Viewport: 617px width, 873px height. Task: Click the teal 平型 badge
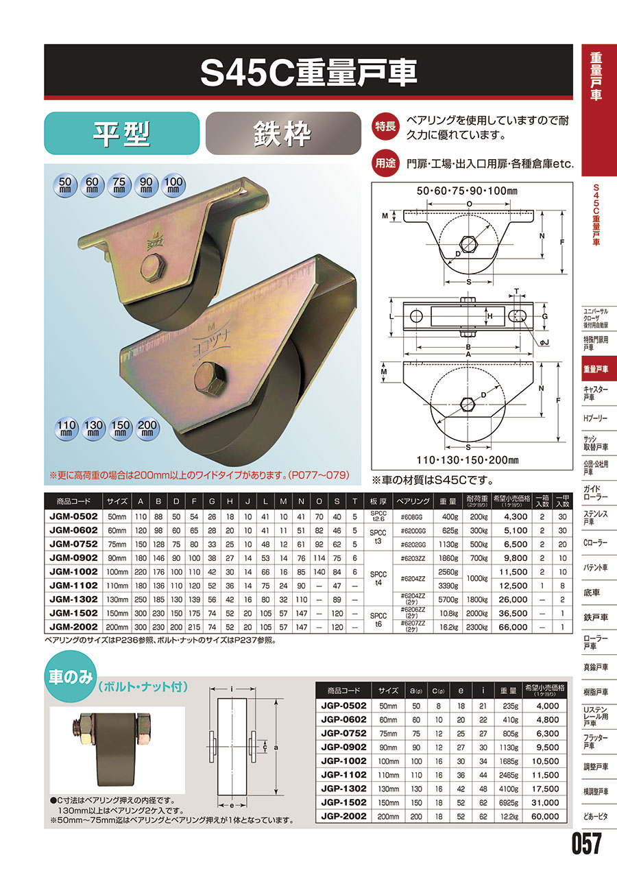click(x=121, y=133)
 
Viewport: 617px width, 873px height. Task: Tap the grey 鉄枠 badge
click(x=283, y=133)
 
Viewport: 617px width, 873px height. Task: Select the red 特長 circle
click(x=385, y=126)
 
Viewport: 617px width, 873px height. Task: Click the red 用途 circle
click(x=385, y=163)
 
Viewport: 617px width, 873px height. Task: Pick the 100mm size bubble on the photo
click(x=173, y=184)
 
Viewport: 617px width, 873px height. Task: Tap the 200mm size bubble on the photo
click(x=147, y=429)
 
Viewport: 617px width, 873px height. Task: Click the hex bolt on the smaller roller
click(x=153, y=267)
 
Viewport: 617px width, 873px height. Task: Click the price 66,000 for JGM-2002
click(x=513, y=627)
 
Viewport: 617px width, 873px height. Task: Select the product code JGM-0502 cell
click(x=73, y=516)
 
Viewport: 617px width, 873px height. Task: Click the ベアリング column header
click(x=413, y=501)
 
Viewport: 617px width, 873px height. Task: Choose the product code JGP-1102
click(x=343, y=774)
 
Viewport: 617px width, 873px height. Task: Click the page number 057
click(x=587, y=844)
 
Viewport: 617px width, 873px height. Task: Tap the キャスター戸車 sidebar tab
click(x=596, y=393)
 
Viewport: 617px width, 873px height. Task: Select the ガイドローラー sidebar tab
click(x=596, y=492)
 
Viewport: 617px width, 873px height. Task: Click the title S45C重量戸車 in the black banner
click(x=308, y=73)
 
